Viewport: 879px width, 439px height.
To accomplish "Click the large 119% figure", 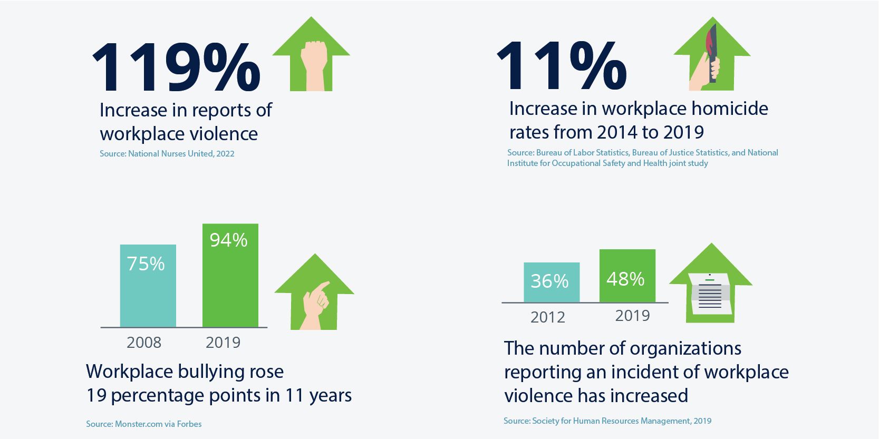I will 176,67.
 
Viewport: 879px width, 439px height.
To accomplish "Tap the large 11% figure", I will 562,66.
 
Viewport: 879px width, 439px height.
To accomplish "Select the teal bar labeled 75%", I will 148,286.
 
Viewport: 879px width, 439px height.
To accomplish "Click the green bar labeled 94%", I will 230,276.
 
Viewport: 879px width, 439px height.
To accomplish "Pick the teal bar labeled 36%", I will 552,282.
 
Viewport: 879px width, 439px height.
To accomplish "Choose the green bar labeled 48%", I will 627,276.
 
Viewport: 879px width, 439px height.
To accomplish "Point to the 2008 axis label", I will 144,343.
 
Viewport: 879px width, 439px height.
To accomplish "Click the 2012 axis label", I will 548,317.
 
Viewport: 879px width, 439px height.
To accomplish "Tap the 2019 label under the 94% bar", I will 223,343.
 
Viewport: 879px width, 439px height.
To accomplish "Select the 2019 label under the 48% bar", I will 632,316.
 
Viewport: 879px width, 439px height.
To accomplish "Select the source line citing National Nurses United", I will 167,154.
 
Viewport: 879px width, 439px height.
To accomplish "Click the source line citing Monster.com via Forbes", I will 143,424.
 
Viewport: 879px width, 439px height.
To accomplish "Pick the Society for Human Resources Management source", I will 607,421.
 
